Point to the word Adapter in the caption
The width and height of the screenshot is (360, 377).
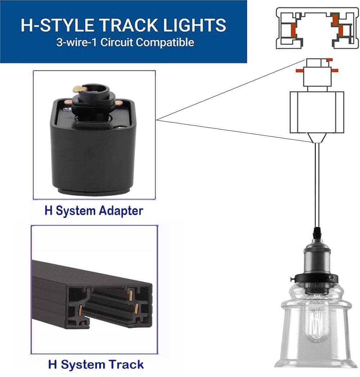coord(121,210)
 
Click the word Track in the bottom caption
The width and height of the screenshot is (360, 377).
coord(126,364)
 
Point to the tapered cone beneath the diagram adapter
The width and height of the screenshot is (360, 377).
coord(317,138)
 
